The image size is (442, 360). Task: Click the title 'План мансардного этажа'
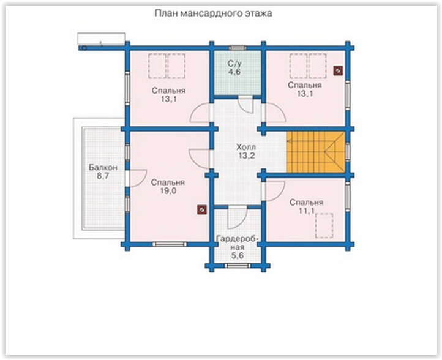click(214, 13)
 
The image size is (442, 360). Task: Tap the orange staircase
click(316, 152)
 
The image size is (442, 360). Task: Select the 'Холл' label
click(246, 147)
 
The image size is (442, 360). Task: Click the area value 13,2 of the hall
click(246, 156)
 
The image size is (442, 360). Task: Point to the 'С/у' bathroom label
click(234, 63)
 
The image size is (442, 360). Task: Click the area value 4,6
click(234, 72)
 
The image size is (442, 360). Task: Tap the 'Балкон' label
click(103, 168)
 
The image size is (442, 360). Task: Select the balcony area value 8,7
click(103, 176)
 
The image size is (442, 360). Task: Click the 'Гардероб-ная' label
click(238, 243)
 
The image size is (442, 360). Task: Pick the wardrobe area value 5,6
click(238, 255)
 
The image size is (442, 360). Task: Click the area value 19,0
click(168, 191)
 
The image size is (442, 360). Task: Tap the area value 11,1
click(307, 211)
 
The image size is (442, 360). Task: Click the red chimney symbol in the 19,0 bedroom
click(202, 210)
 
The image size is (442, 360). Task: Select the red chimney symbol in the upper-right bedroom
click(338, 70)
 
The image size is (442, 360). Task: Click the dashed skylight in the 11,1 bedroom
click(324, 226)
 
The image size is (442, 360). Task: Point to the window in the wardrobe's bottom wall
click(238, 266)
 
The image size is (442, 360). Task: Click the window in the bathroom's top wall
click(238, 48)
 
